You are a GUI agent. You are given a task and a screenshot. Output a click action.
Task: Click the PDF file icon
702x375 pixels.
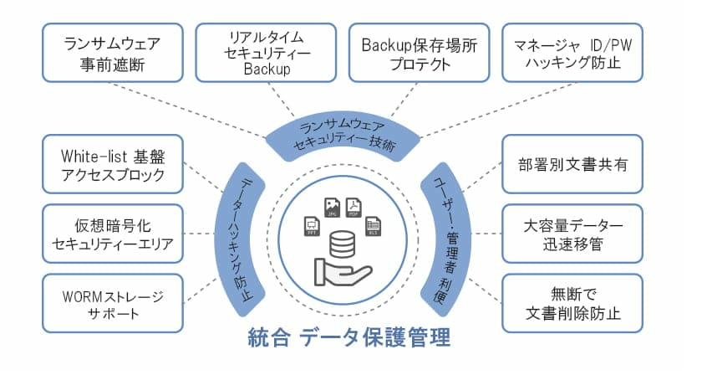pos(354,205)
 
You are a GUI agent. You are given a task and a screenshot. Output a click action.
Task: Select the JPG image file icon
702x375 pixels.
pos(330,207)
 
